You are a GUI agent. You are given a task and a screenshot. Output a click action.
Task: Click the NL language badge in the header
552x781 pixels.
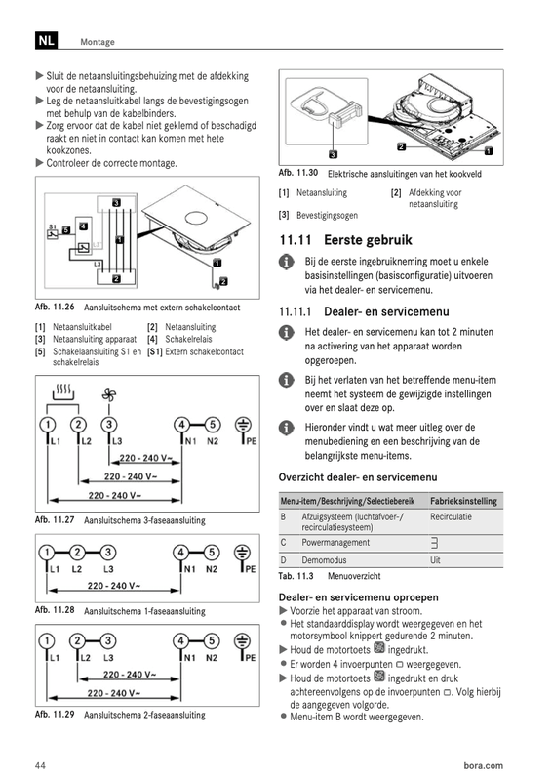46,41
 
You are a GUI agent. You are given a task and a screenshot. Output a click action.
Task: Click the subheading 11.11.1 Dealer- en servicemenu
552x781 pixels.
363,311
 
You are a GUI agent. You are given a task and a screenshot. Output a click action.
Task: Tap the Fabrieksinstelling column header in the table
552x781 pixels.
464,501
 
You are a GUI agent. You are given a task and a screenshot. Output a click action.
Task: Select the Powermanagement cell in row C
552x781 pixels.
335,542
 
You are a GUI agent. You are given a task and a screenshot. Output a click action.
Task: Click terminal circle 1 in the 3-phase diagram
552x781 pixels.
47,425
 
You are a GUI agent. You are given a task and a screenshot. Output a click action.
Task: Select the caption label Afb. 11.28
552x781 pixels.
55,610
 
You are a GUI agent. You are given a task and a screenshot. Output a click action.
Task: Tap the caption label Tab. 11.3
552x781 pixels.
299,576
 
